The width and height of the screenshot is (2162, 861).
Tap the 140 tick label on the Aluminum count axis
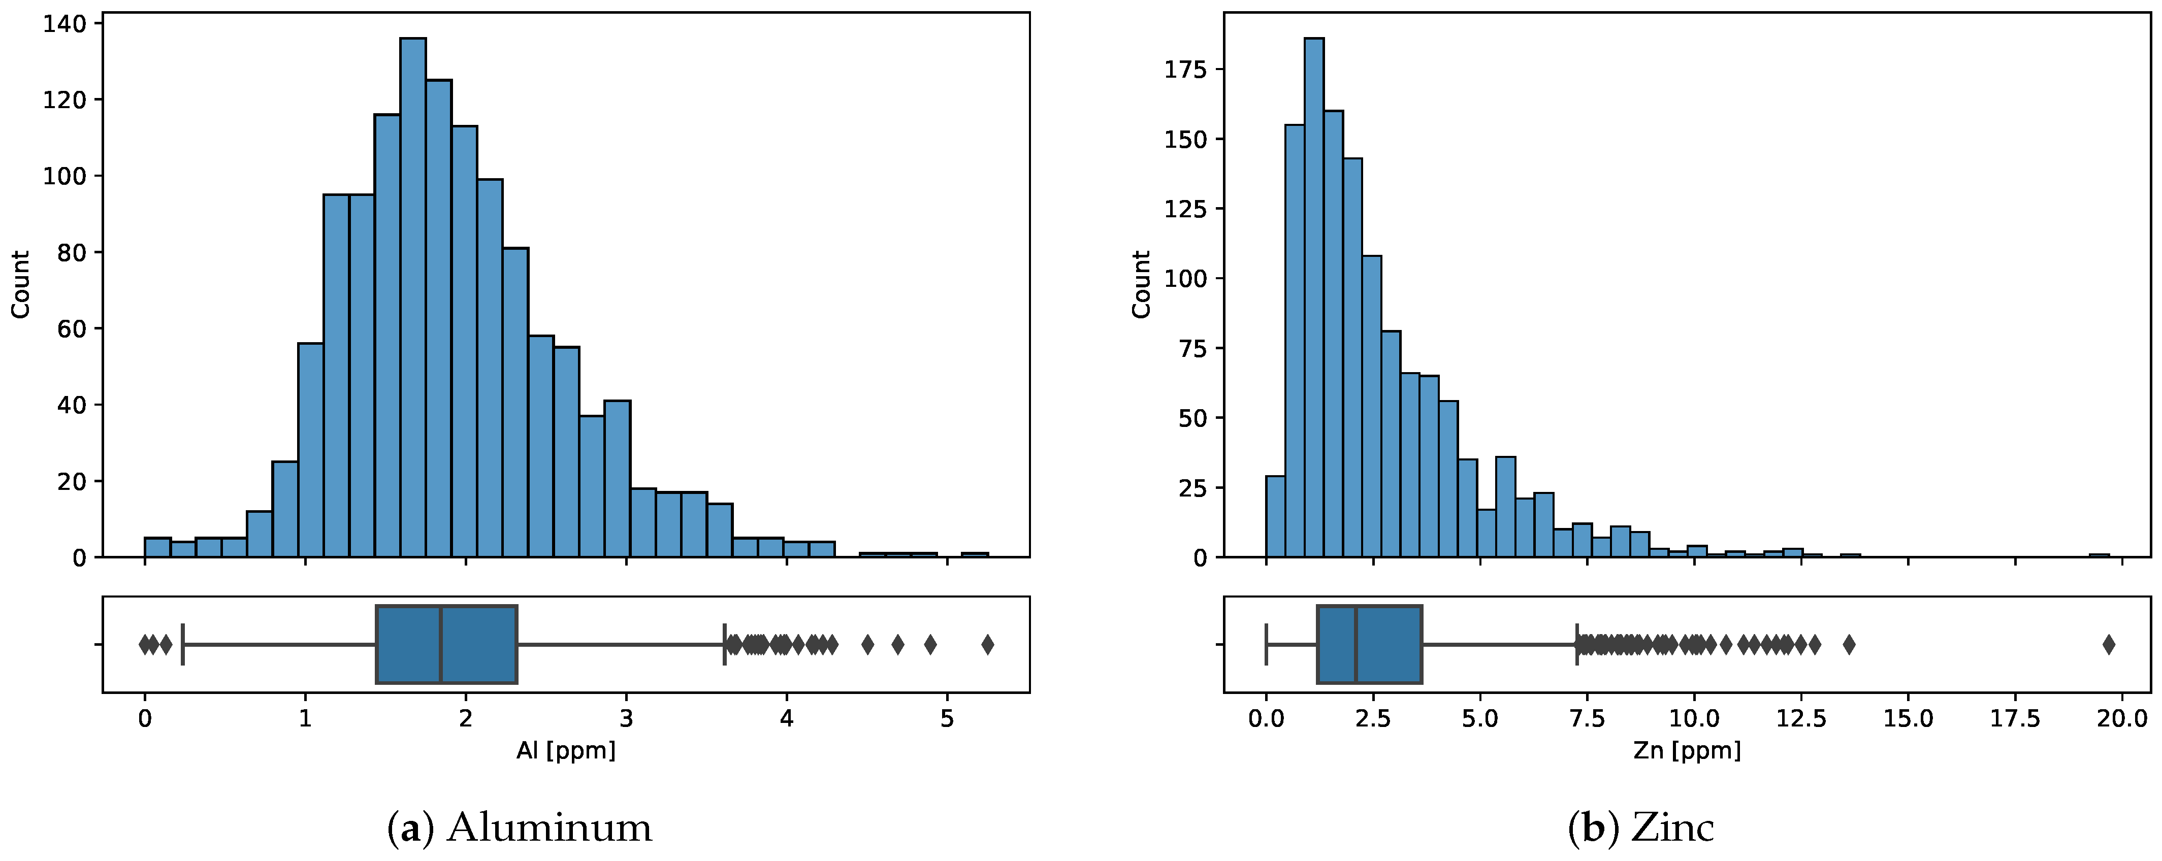pyautogui.click(x=64, y=24)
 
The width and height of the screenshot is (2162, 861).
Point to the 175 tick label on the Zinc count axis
pyautogui.click(x=1185, y=70)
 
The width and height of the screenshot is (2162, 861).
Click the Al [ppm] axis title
pyautogui.click(x=566, y=749)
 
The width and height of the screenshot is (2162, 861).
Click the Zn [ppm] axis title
pyautogui.click(x=1687, y=749)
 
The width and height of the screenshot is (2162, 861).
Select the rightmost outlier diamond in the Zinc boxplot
pyautogui.click(x=2108, y=645)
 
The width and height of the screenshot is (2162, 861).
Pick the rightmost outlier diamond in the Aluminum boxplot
pyautogui.click(x=988, y=645)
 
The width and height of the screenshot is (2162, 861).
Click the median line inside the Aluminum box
pyautogui.click(x=441, y=645)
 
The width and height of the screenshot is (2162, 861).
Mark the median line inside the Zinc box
pyautogui.click(x=1356, y=645)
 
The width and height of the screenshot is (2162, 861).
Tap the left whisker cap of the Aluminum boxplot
pyautogui.click(x=183, y=645)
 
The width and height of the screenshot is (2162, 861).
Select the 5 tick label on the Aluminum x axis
pyautogui.click(x=947, y=718)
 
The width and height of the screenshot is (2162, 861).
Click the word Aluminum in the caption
pyautogui.click(x=549, y=827)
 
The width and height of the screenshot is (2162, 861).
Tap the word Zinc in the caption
pyautogui.click(x=1672, y=827)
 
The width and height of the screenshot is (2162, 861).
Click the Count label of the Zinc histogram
pyautogui.click(x=1141, y=284)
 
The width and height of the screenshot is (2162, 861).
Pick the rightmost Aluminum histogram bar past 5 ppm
pyautogui.click(x=975, y=555)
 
